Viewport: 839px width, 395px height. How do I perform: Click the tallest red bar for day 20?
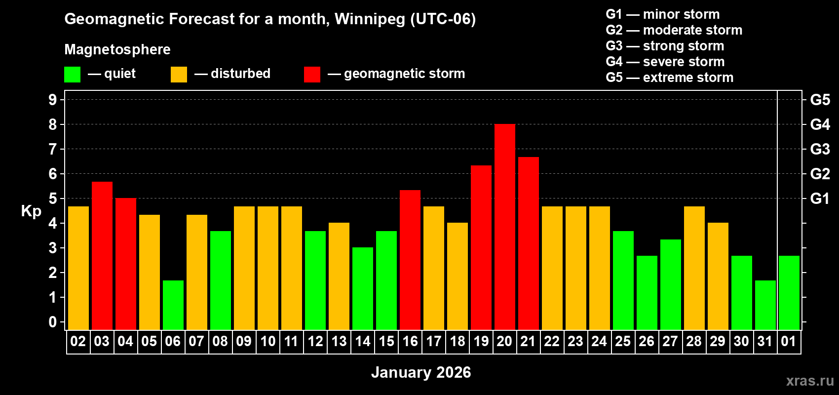point(504,227)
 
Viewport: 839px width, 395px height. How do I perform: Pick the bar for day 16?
point(410,260)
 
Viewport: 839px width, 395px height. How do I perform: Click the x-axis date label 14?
point(363,341)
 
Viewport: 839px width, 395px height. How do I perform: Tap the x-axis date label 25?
point(623,341)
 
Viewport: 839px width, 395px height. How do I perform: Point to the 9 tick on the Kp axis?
point(53,100)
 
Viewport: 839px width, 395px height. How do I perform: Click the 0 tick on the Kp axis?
point(53,322)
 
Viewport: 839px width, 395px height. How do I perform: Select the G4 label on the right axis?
point(820,124)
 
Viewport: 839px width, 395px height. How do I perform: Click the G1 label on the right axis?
point(820,198)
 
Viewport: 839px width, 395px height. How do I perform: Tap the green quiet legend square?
point(73,75)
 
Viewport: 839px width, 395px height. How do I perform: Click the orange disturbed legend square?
point(179,75)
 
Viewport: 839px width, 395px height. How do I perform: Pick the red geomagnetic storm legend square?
point(312,75)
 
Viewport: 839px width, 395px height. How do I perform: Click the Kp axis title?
point(31,211)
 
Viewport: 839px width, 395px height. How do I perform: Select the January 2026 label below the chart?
point(421,372)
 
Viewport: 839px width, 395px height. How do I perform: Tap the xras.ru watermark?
point(810,381)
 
